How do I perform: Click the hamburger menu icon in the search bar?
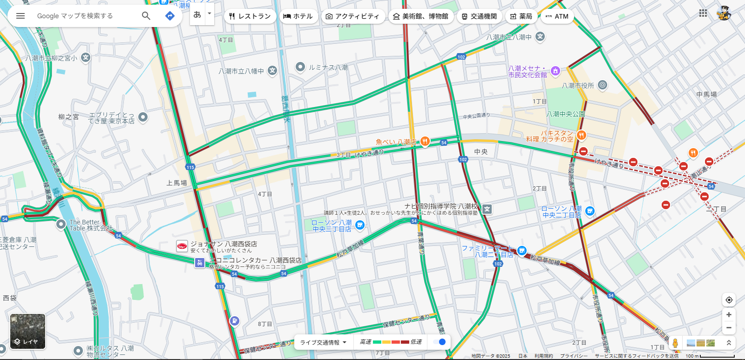point(20,16)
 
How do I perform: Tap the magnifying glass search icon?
point(146,16)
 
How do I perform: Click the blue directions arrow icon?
point(170,16)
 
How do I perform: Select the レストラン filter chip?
point(250,16)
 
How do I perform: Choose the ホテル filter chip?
point(298,16)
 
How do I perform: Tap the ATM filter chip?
point(557,16)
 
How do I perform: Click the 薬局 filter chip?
point(521,16)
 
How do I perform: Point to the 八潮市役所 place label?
point(578,86)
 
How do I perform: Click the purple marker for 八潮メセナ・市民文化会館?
point(555,71)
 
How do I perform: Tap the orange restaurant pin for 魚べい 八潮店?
point(425,142)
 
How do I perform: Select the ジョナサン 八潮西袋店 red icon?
point(182,246)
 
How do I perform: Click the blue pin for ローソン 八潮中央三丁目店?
point(359,225)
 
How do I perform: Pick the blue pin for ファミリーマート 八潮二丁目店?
point(521,251)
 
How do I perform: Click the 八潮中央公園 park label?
point(566,114)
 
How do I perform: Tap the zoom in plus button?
point(729,315)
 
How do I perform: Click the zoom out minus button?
point(729,328)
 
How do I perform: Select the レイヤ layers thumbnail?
point(28,331)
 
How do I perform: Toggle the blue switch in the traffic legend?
point(439,342)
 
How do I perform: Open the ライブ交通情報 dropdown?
point(323,342)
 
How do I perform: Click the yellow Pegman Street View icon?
point(675,343)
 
